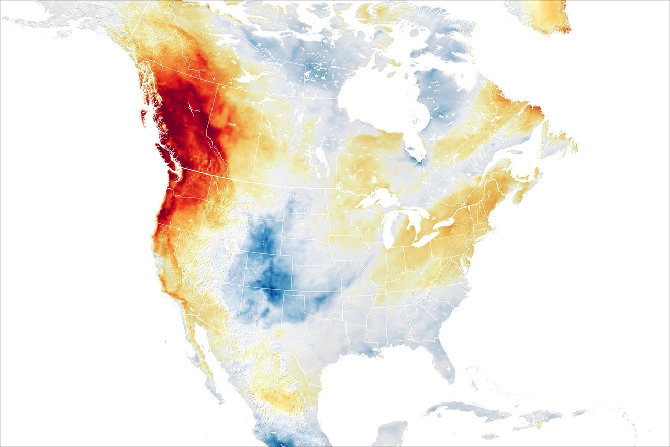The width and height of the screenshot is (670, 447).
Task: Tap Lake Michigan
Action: (388, 231)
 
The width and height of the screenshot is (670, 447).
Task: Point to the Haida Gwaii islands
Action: (143, 116)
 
